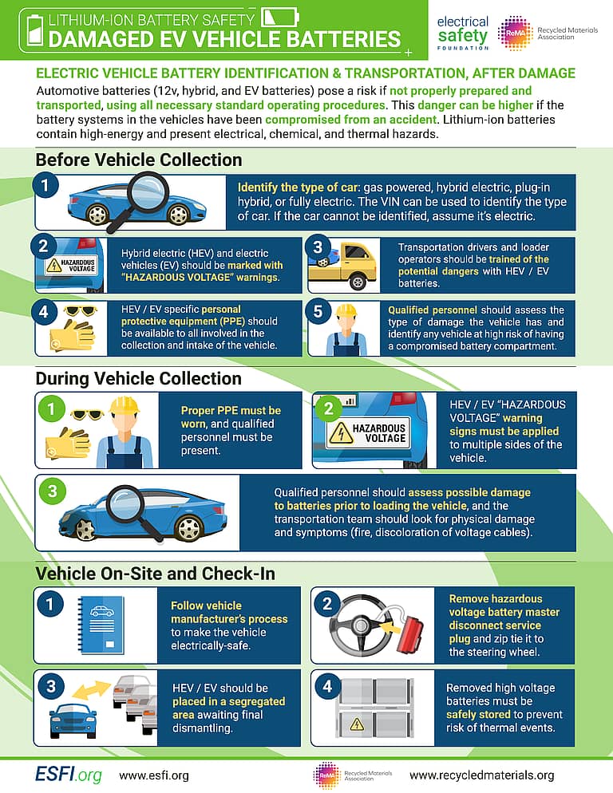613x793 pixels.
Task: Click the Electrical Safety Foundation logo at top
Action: (462, 32)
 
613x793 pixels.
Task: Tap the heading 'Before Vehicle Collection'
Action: (138, 160)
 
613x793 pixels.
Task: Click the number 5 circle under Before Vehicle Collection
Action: (318, 310)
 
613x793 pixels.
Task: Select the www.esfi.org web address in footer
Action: (153, 775)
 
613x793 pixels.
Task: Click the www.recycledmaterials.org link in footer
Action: (481, 775)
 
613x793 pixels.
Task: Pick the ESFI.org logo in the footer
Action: (68, 774)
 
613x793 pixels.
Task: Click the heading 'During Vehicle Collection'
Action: (138, 378)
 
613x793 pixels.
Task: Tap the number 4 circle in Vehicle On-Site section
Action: (327, 685)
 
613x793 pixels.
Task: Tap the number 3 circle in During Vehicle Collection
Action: (53, 491)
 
